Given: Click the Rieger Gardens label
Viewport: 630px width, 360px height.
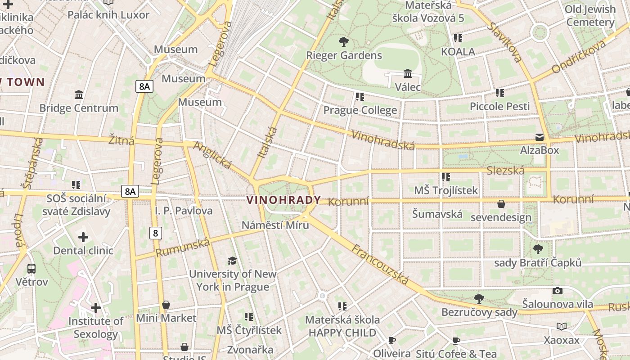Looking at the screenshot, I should [344, 55].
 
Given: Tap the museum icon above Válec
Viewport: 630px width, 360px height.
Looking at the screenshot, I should [408, 73].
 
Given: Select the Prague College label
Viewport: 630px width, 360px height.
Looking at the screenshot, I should [360, 110].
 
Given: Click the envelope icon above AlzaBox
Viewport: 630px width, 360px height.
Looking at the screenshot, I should [539, 137].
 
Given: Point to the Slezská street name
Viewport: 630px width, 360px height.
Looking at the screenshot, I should [505, 171].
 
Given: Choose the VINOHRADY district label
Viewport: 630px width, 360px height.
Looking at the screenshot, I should [283, 200].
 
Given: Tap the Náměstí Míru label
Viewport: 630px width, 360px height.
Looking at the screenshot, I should [275, 225].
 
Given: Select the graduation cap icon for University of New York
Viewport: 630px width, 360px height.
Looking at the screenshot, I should [232, 261].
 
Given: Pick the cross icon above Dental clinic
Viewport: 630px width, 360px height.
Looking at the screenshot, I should [83, 237].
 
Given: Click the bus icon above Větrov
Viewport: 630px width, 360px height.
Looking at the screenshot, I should [31, 269].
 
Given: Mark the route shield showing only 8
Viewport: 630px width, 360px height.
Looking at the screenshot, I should [156, 233].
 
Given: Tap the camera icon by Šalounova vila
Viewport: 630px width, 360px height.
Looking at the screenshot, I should [558, 291].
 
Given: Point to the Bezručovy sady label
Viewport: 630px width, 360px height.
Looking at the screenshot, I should [479, 312].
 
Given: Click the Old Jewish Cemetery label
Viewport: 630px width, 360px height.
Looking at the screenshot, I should [590, 16].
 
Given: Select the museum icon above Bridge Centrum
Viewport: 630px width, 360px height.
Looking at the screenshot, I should [79, 94].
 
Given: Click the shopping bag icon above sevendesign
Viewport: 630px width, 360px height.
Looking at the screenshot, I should [501, 204].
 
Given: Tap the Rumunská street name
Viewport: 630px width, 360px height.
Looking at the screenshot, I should [183, 248].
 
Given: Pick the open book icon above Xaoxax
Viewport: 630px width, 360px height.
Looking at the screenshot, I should [561, 326].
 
